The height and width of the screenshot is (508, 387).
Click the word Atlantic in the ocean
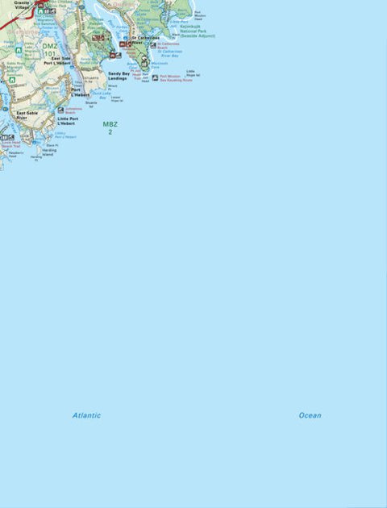(86, 415)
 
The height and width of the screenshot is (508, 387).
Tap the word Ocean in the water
(310, 415)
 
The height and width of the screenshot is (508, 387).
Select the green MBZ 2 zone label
(110, 127)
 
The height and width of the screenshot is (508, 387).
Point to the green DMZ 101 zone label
(50, 50)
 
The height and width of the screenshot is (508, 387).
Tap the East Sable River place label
(27, 115)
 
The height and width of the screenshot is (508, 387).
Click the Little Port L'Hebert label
(68, 121)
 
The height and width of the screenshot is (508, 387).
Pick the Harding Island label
(50, 152)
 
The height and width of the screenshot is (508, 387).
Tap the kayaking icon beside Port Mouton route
(155, 77)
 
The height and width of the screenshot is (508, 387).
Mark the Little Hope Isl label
(193, 73)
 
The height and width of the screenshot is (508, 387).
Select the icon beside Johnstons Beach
(60, 110)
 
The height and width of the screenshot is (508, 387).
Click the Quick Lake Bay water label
(101, 94)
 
